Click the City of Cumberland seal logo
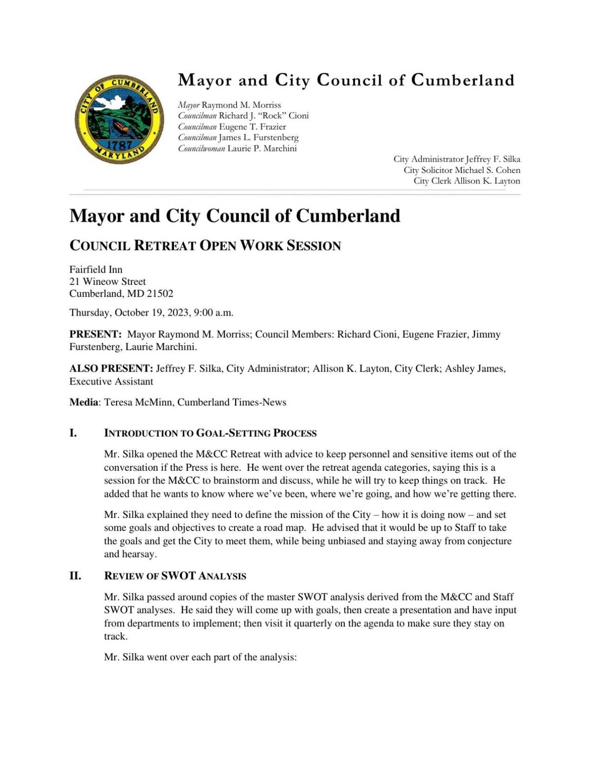tap(119, 119)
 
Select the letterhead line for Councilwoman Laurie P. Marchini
tap(237, 148)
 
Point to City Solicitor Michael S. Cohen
tap(462, 170)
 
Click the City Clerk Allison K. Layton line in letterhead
tap(467, 181)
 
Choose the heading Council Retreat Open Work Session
tap(205, 246)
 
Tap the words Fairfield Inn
tap(96, 269)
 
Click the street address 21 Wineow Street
tap(107, 282)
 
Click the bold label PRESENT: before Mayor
tap(95, 335)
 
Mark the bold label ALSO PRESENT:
tap(111, 368)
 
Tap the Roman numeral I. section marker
tap(73, 433)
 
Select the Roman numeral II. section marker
tap(75, 576)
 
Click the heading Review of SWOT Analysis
tap(175, 576)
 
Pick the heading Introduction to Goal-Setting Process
tap(210, 433)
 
